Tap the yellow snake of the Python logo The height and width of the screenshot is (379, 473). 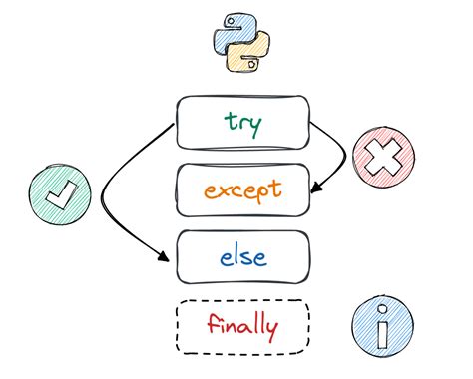251,54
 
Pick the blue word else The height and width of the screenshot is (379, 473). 241,256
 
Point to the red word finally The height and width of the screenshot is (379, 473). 242,324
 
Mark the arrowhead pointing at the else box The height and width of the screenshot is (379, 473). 166,258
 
